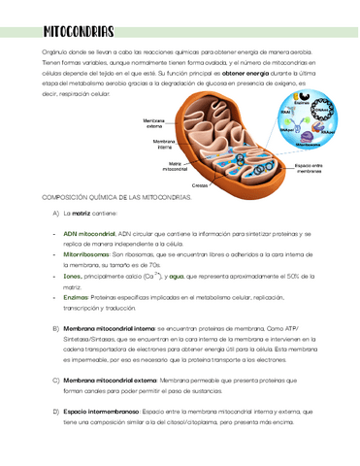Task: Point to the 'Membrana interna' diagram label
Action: point(163,144)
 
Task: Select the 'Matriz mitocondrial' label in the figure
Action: point(175,166)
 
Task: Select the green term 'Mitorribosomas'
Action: point(85,253)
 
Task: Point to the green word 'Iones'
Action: point(71,277)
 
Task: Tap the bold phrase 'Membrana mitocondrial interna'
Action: point(107,329)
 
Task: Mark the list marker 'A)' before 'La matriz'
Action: point(55,212)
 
